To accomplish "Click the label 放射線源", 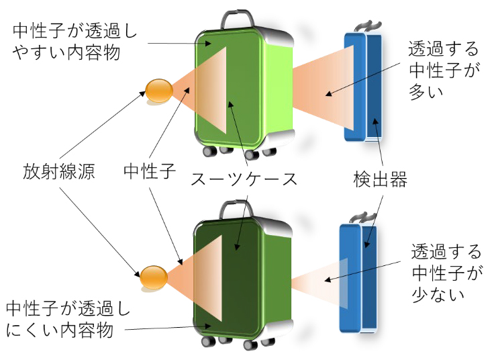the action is coord(58,172).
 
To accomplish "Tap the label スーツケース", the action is coord(244,179).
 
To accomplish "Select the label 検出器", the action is coord(381,179).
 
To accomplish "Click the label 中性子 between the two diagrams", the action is coord(150,171).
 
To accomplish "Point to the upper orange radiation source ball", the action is coord(159,91).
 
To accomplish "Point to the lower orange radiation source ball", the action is coord(154,277).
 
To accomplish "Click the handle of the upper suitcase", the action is coord(237,18).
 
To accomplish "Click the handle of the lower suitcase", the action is coord(236,208).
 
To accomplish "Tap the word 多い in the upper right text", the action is coord(426,92).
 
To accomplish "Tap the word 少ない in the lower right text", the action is coord(438,294).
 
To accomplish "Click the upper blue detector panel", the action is coord(363,87).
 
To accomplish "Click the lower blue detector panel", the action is coord(358,277).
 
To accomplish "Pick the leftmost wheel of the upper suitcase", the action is coord(209,151).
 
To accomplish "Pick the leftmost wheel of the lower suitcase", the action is coord(208,341).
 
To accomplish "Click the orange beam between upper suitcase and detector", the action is coord(322,87).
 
